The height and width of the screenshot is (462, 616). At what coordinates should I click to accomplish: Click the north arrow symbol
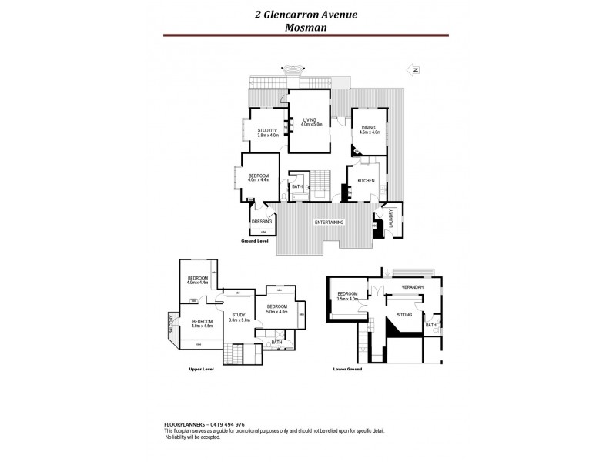coord(416,70)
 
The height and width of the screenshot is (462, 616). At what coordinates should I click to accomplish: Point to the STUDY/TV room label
coord(266,131)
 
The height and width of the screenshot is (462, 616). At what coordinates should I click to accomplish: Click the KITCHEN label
coord(366,180)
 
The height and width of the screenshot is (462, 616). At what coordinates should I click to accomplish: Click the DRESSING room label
coord(262,222)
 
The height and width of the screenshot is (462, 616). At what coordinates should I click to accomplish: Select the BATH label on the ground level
coord(296,186)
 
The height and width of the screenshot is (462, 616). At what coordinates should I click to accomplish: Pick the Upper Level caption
coord(200,370)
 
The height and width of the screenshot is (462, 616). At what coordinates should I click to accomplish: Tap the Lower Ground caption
coord(347,370)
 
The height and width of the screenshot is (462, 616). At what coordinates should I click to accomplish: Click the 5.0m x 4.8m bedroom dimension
coord(276,311)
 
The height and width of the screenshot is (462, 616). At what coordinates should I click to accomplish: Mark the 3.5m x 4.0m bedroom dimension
coord(346,298)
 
